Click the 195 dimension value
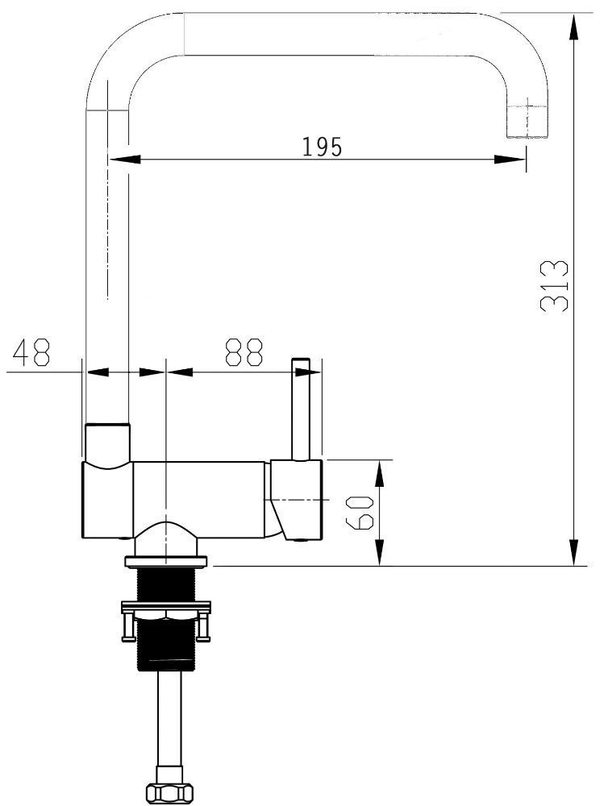(322, 147)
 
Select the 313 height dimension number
(555, 286)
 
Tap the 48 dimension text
(32, 352)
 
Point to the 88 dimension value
(244, 352)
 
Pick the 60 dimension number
(360, 513)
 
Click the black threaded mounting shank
(166, 619)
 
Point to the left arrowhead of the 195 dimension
(124, 160)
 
